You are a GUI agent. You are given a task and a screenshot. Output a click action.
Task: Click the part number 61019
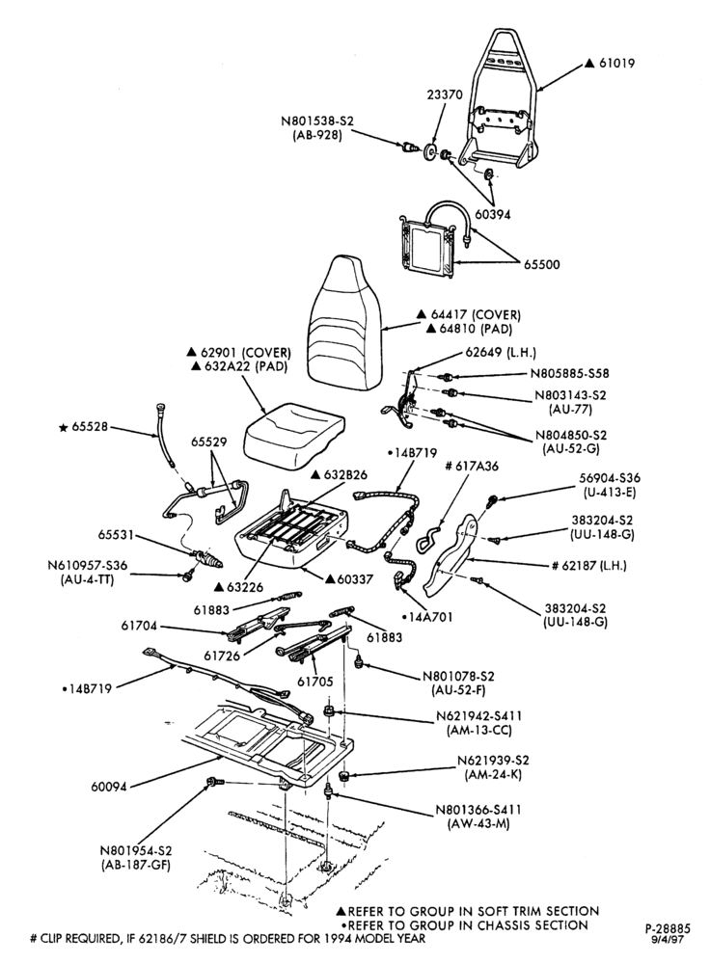point(617,63)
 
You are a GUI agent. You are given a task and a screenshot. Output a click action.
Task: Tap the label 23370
point(445,94)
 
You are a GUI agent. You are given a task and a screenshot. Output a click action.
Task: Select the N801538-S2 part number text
point(318,121)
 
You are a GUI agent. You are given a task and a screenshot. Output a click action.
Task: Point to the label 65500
point(542,265)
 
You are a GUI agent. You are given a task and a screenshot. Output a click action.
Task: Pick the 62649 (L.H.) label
point(501,353)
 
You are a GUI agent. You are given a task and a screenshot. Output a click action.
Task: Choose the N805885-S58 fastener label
point(570,373)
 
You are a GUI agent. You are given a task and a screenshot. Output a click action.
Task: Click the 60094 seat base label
point(108,787)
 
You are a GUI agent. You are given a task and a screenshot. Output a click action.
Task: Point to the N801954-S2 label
point(135,851)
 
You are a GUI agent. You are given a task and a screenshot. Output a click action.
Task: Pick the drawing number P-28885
point(669,929)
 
